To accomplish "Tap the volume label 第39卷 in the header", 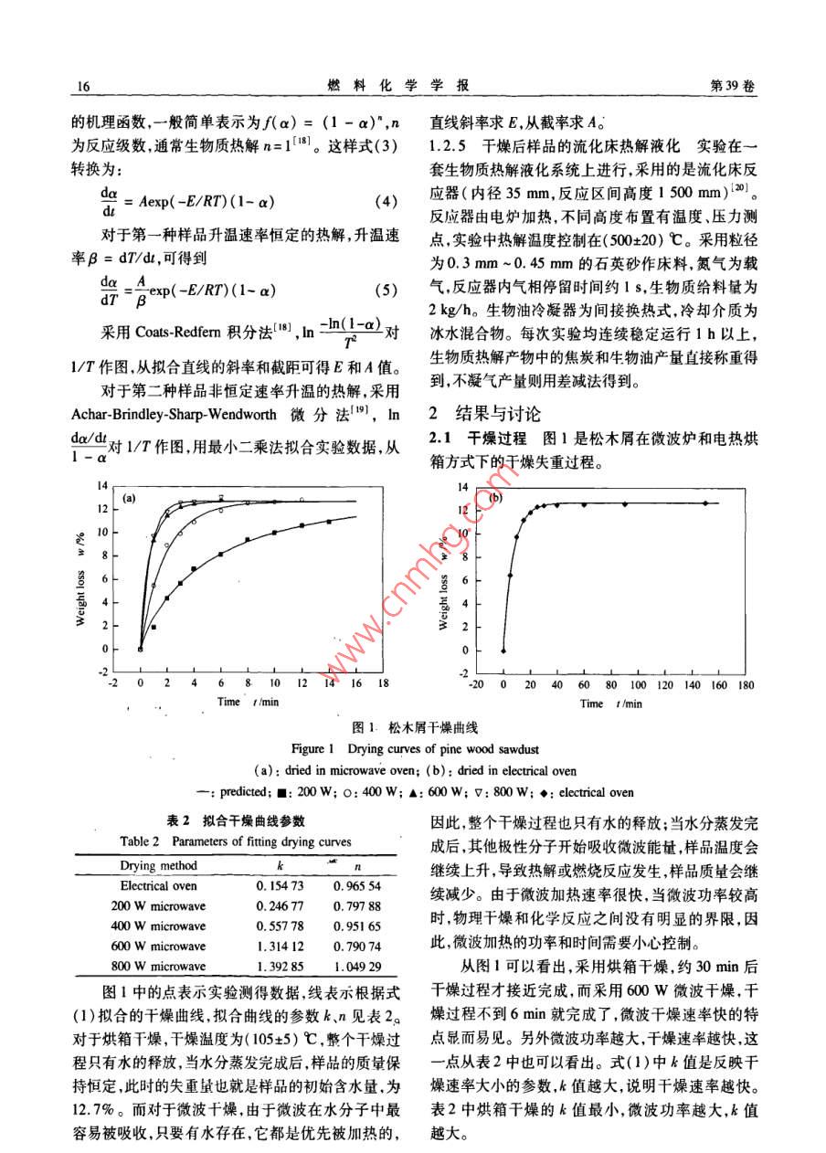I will pos(734,85).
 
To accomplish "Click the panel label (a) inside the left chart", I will pos(128,498).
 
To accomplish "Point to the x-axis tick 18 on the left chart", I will pos(383,682).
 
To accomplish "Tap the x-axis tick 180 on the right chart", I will pos(746,683).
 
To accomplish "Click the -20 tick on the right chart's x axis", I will pos(476,683).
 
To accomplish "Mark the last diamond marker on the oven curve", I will pos(705,502).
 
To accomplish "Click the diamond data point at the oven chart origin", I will pos(503,651).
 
